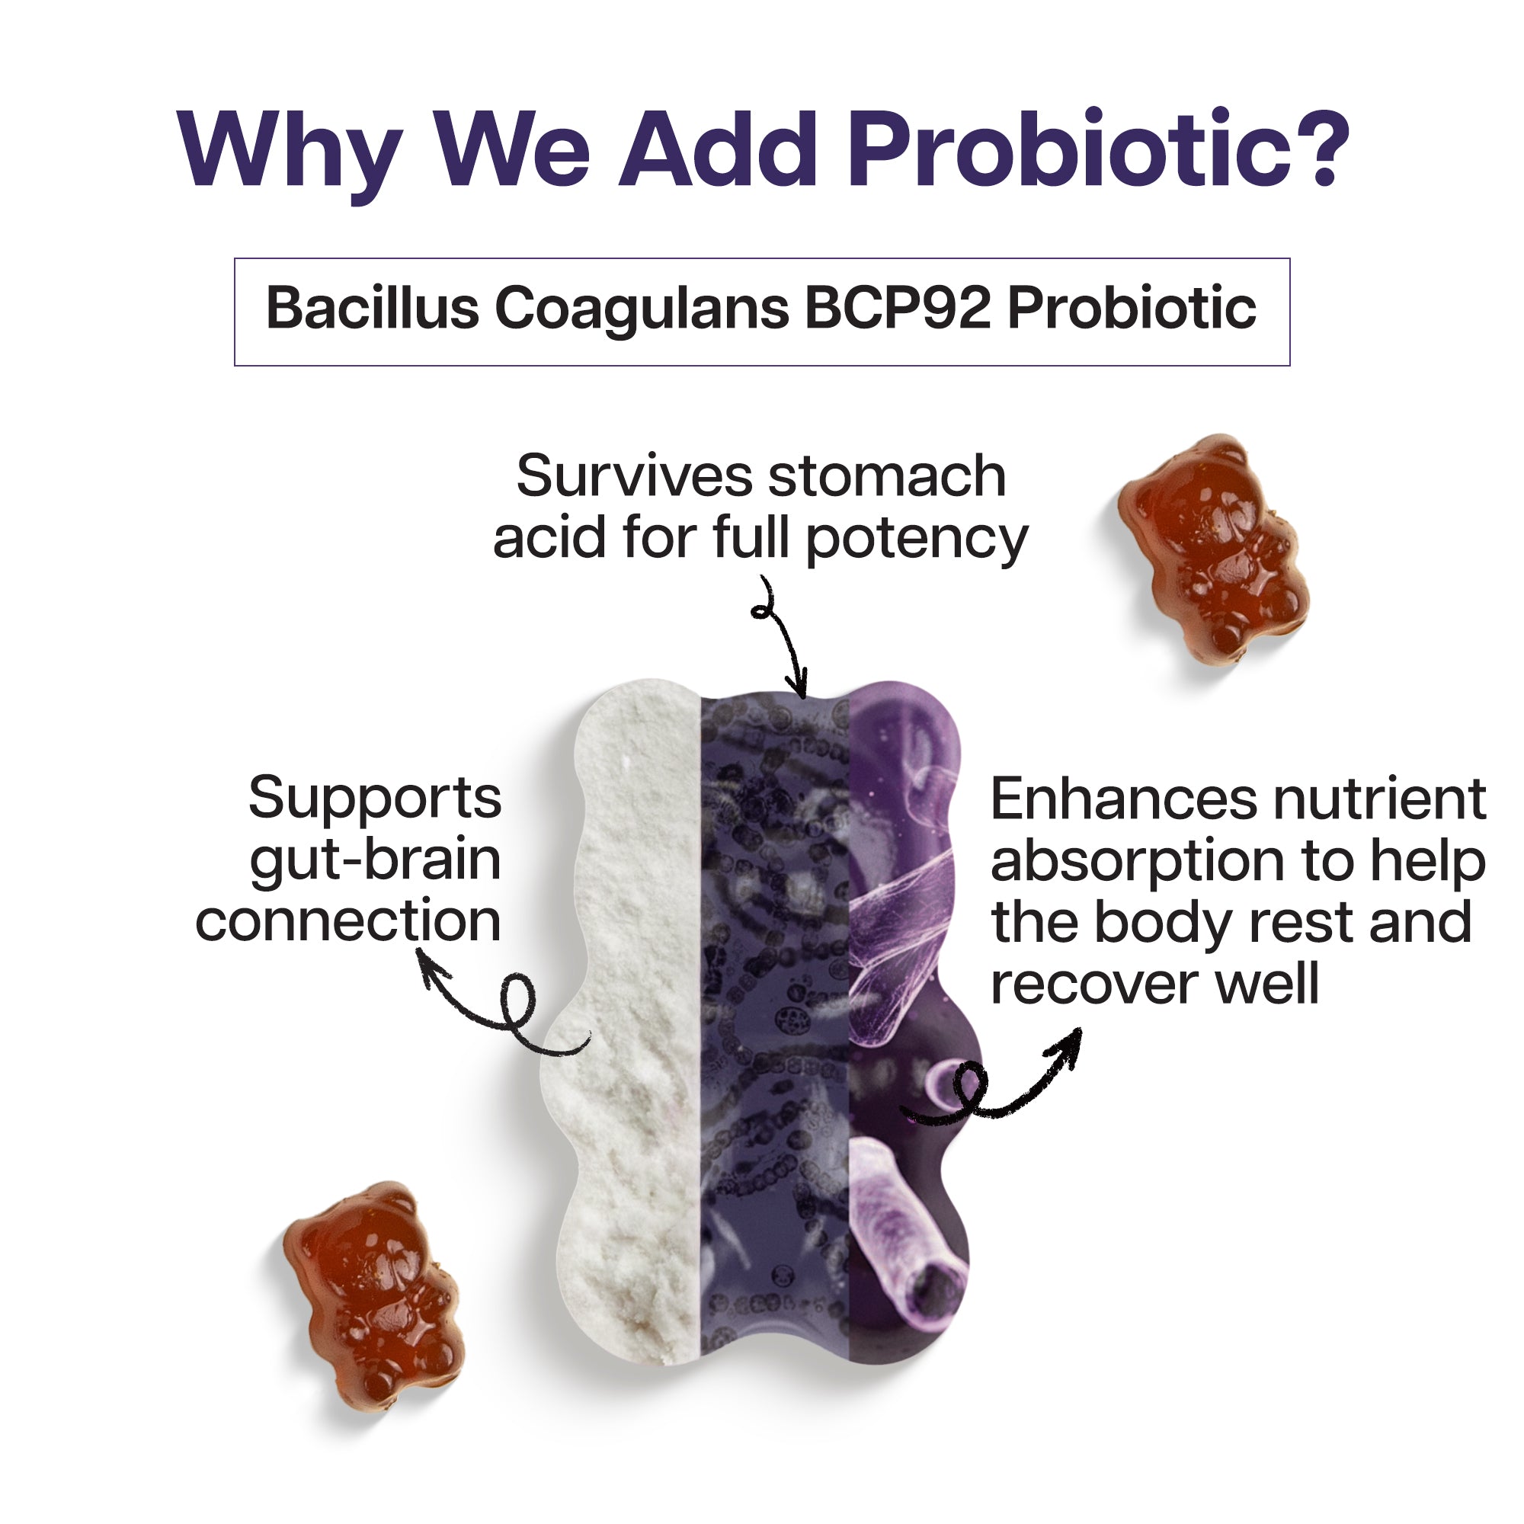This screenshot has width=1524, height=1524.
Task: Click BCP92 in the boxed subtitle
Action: (897, 308)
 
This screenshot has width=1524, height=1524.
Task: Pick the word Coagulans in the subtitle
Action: (642, 309)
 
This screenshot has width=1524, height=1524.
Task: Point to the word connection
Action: (348, 920)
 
